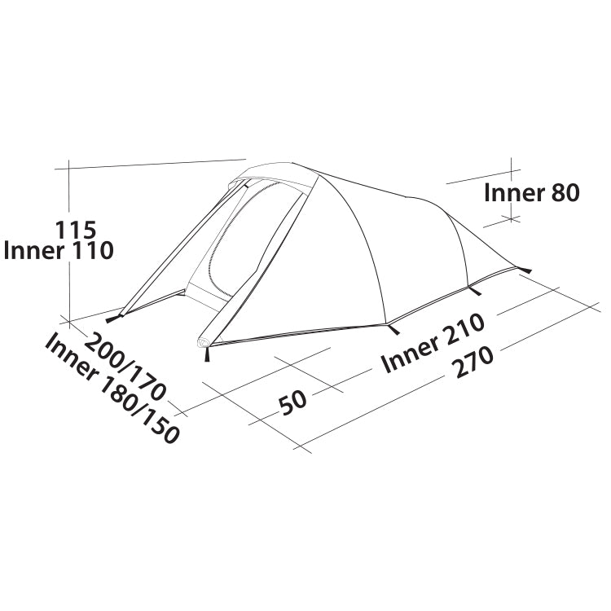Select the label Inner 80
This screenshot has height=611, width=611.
coord(531,193)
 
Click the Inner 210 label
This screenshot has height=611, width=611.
coord(433,343)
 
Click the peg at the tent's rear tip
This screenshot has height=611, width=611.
coord(525,270)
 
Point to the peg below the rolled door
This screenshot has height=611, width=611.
coord(207,355)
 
